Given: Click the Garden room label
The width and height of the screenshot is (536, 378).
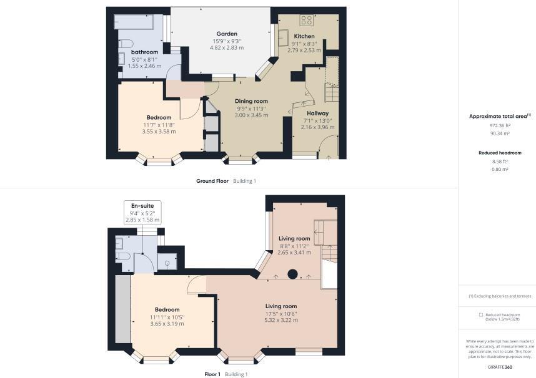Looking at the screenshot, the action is pyautogui.click(x=227, y=34).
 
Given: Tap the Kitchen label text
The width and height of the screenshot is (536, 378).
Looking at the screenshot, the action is pyautogui.click(x=304, y=36).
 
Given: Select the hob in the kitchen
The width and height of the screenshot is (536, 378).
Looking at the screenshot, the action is pyautogui.click(x=307, y=20).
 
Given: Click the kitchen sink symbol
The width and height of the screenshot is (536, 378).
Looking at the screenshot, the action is pyautogui.click(x=283, y=37).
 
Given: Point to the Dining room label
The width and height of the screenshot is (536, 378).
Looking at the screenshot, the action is pyautogui.click(x=251, y=101).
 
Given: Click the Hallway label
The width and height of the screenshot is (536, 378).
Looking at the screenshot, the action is pyautogui.click(x=317, y=114).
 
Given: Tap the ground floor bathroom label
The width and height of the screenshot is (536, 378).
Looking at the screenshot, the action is pyautogui.click(x=144, y=52).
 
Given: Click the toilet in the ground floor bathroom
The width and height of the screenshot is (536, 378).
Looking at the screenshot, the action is pyautogui.click(x=126, y=44).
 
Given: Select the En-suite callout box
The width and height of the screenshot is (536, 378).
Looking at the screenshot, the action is pyautogui.click(x=142, y=212).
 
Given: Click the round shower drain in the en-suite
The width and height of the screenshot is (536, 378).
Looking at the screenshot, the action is pyautogui.click(x=167, y=263).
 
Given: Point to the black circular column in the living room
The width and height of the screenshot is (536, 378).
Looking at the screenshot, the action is pyautogui.click(x=292, y=274).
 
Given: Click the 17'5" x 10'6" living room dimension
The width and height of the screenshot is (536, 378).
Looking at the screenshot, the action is pyautogui.click(x=281, y=314).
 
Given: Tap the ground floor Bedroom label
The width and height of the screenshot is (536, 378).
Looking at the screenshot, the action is pyautogui.click(x=159, y=117).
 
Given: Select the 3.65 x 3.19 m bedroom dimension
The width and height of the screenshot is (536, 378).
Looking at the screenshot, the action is pyautogui.click(x=167, y=324).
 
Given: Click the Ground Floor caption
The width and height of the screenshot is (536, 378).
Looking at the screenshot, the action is pyautogui.click(x=212, y=181).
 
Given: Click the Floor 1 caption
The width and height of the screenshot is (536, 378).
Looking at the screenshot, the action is pyautogui.click(x=212, y=374).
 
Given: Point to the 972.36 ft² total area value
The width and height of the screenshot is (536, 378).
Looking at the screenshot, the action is pyautogui.click(x=500, y=125).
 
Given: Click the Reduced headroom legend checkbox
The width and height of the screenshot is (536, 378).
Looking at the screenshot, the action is pyautogui.click(x=481, y=315).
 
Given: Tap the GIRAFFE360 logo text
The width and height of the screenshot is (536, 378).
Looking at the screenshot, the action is pyautogui.click(x=500, y=367).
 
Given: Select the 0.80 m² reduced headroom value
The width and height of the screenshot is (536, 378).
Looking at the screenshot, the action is pyautogui.click(x=500, y=169).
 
